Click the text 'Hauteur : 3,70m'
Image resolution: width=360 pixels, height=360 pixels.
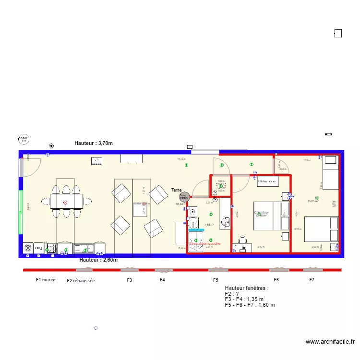point(94,143)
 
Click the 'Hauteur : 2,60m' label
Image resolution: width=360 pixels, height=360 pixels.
point(98,260)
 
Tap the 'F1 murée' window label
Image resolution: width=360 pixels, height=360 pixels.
point(46,279)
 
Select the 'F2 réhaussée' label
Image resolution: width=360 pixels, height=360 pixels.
point(81,280)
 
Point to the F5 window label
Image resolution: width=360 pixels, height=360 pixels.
point(216,280)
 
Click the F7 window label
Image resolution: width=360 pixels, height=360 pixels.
point(312,279)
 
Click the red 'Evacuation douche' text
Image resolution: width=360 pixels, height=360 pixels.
point(205,243)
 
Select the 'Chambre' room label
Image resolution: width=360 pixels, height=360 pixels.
point(261,213)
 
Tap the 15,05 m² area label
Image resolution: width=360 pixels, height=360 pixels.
point(313,202)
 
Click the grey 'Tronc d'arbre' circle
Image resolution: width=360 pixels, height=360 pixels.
point(184,197)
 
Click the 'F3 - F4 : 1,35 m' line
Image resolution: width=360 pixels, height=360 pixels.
point(244,299)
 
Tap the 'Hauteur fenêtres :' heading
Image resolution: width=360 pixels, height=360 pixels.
point(246,288)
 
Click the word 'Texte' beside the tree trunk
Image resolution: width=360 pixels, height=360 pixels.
point(177,190)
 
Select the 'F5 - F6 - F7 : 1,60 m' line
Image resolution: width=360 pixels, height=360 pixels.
point(250,305)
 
